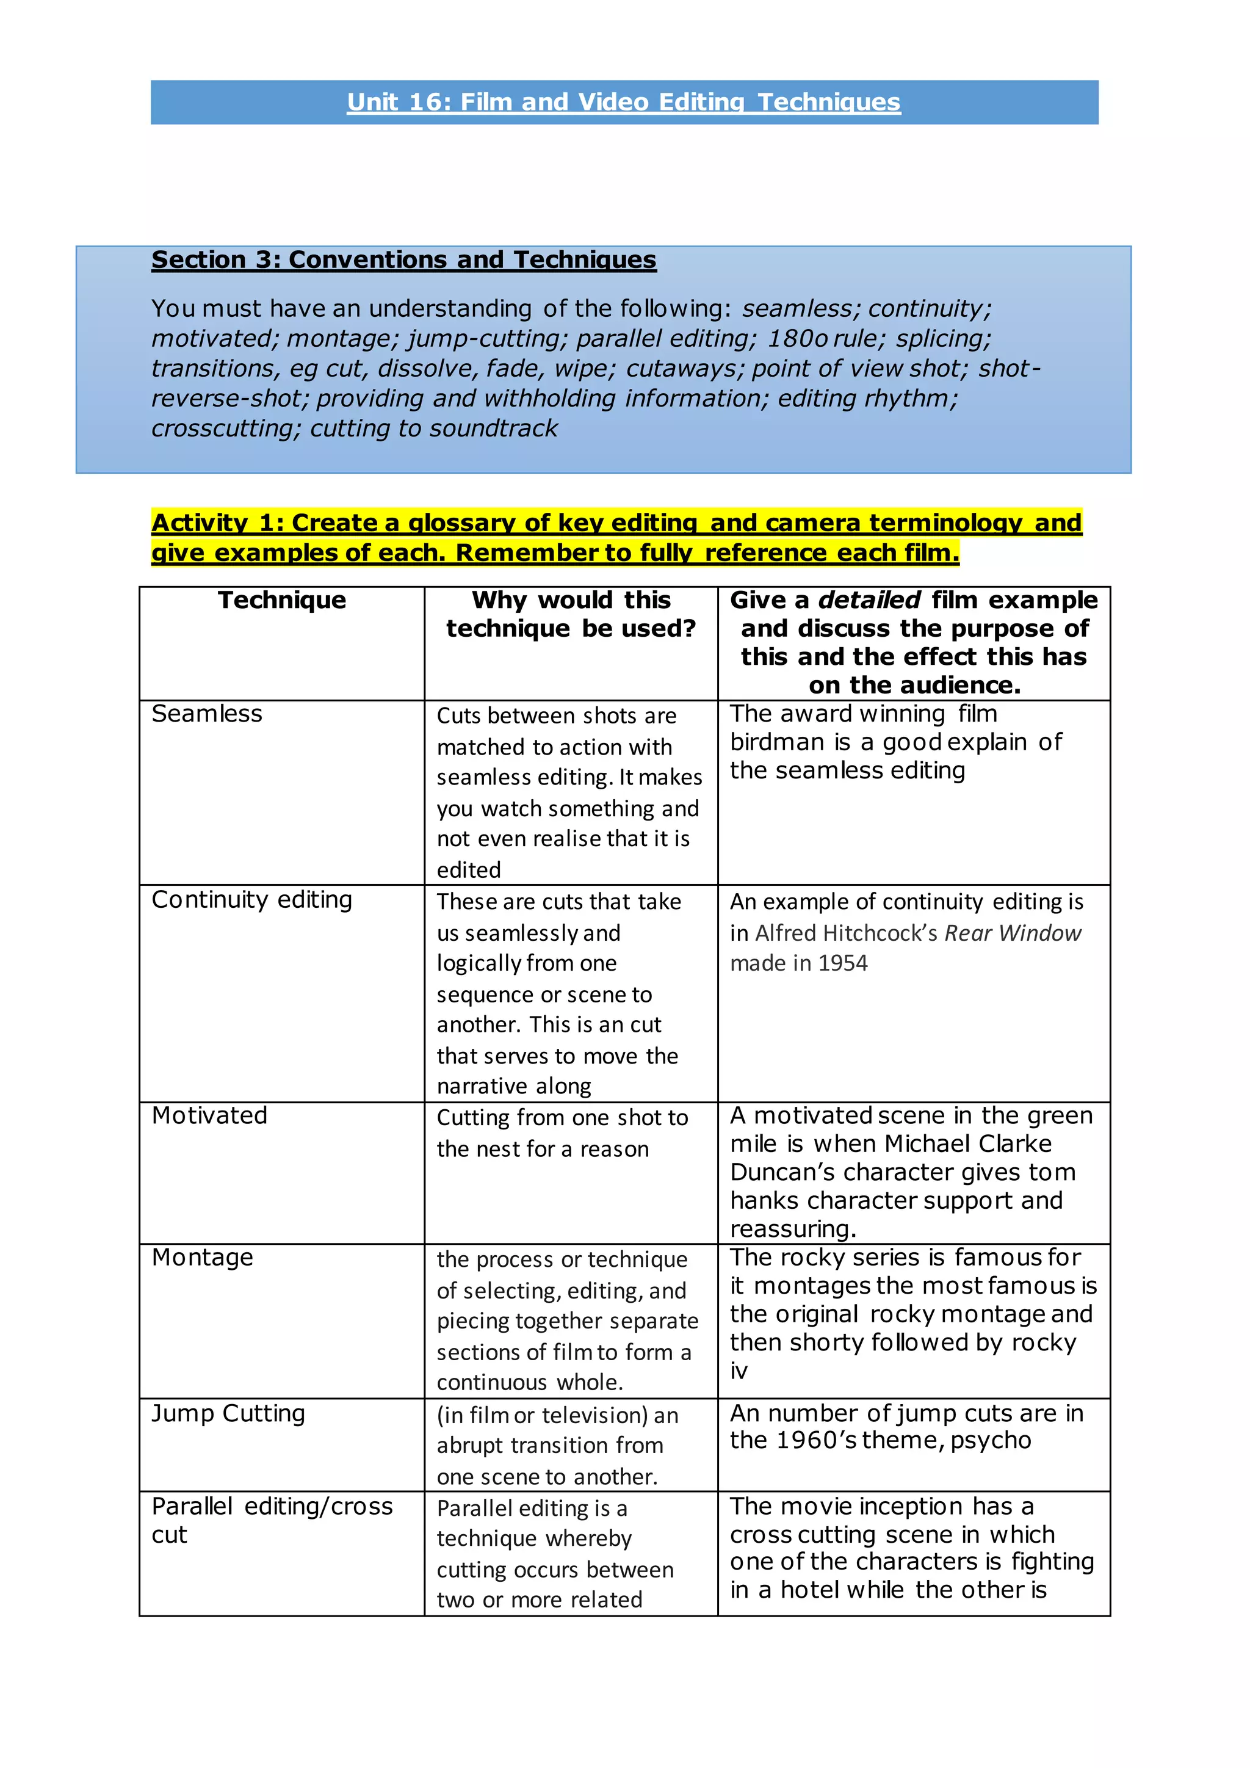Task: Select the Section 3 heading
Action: click(x=403, y=260)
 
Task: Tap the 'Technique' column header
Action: click(x=282, y=601)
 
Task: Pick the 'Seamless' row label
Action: click(x=206, y=715)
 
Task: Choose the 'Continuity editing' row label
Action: click(x=251, y=900)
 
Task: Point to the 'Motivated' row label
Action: click(x=209, y=1116)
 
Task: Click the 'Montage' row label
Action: click(x=203, y=1258)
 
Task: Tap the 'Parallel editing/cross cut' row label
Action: click(x=272, y=1521)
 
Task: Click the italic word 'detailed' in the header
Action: click(x=869, y=601)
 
